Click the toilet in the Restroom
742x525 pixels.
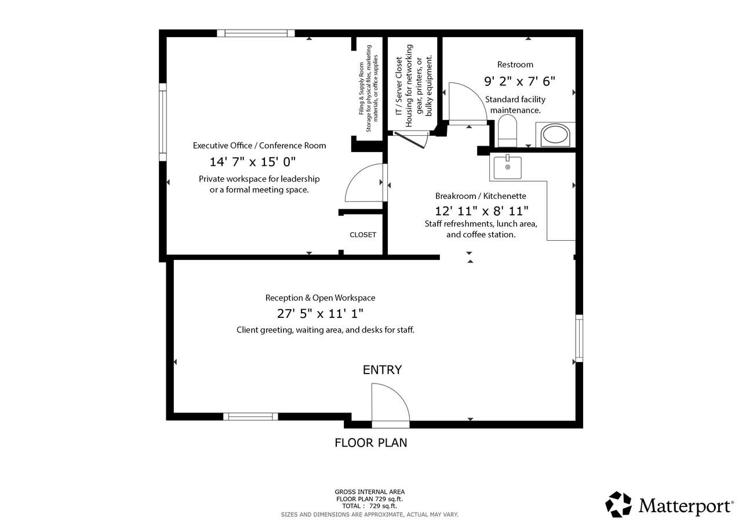tap(507, 131)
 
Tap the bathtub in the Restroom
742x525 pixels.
tap(555, 135)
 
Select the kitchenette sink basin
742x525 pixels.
tap(507, 168)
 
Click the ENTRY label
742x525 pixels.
tap(382, 370)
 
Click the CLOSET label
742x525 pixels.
tap(363, 235)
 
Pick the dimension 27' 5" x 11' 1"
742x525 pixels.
tap(320, 313)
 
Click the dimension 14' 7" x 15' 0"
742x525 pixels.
tap(252, 162)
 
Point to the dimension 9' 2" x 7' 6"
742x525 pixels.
tap(519, 81)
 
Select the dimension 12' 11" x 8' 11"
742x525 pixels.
tap(481, 211)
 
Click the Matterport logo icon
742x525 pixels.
tap(618, 504)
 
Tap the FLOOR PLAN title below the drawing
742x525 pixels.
tap(370, 443)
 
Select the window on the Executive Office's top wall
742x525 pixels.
tap(256, 33)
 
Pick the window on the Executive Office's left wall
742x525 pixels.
tap(163, 122)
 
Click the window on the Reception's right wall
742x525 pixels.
tap(579, 338)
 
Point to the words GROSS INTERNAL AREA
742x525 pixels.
tap(369, 492)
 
